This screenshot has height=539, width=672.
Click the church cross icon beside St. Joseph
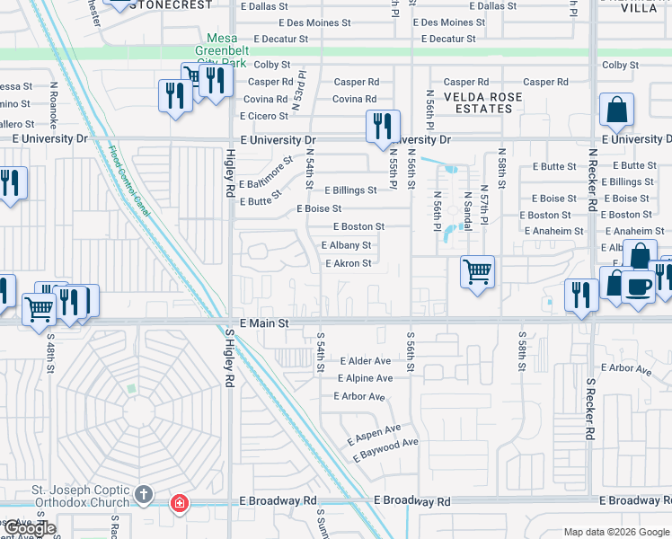pyautogui.click(x=143, y=495)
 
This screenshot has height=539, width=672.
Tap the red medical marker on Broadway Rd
pyautogui.click(x=180, y=502)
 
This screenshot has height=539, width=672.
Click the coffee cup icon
pyautogui.click(x=638, y=287)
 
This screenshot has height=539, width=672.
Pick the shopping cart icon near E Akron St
pyautogui.click(x=477, y=270)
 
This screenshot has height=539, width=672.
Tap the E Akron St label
pyautogui.click(x=348, y=263)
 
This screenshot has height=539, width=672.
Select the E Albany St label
pyautogui.click(x=346, y=245)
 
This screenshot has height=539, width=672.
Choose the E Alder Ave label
pyautogui.click(x=366, y=361)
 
